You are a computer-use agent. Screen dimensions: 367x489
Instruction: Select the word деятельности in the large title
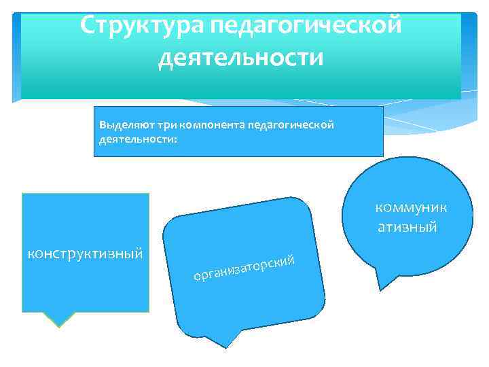[x=240, y=57]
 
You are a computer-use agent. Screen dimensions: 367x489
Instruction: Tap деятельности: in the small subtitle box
[x=137, y=138]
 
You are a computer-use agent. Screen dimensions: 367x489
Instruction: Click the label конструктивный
[x=84, y=254]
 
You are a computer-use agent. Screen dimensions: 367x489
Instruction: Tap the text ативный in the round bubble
[x=407, y=226]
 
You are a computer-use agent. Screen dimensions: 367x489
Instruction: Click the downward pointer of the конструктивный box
[x=61, y=319]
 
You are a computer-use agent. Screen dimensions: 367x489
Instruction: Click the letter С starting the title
[x=88, y=24]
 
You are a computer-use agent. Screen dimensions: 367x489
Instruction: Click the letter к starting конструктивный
[x=30, y=254]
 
